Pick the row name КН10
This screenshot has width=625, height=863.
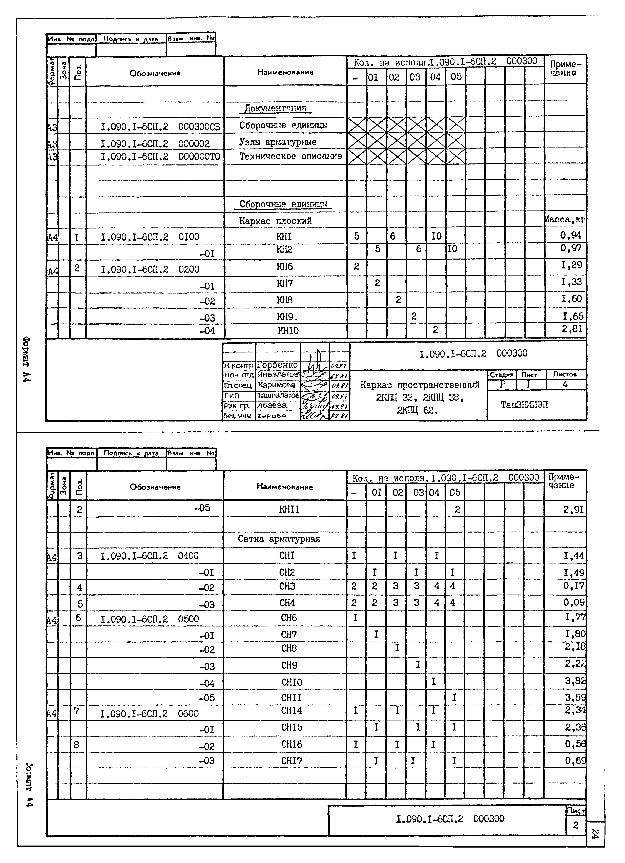(288, 331)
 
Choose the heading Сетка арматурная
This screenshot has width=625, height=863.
(279, 539)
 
